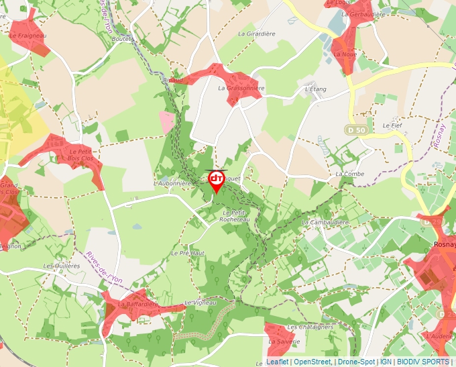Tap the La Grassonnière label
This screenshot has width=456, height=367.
(241, 88)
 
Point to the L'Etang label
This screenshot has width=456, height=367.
(315, 89)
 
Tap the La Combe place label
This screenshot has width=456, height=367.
(349, 174)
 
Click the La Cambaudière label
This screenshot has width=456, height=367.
(327, 222)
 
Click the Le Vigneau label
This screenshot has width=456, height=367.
(201, 303)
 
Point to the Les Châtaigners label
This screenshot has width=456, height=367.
(310, 327)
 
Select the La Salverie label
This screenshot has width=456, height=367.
(284, 341)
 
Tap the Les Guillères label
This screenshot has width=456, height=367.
(61, 266)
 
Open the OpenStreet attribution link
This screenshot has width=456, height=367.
(312, 362)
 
